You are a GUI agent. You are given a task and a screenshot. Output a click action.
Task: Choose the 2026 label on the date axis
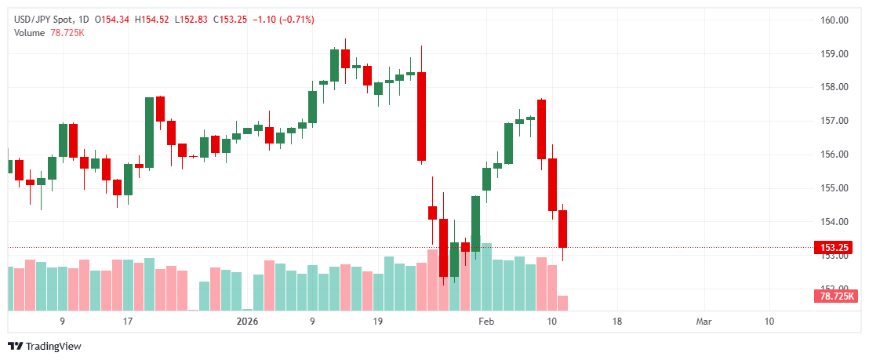click(248, 322)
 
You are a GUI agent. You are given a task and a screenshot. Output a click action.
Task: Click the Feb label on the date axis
click(487, 322)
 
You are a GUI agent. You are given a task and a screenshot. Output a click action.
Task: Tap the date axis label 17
click(128, 322)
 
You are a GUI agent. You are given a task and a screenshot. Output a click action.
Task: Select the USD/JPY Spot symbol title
click(46, 19)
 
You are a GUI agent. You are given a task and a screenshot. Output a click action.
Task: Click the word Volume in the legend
click(30, 32)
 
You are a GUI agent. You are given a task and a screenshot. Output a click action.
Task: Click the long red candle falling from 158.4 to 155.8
click(421, 116)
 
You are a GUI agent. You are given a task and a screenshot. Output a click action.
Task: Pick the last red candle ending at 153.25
click(562, 228)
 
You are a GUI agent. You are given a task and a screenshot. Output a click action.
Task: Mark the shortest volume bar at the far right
click(562, 303)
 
